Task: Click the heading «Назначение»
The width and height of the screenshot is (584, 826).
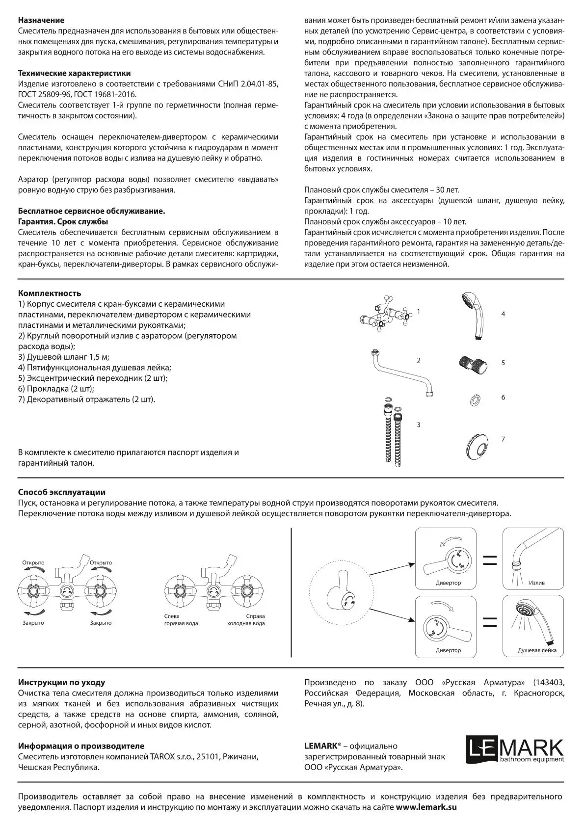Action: (41, 21)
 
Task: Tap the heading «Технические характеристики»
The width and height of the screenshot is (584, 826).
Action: (75, 74)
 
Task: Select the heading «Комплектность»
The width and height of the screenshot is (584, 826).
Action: (50, 293)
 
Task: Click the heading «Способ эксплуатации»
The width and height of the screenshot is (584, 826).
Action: (62, 492)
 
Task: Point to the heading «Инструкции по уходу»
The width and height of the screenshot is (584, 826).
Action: (61, 682)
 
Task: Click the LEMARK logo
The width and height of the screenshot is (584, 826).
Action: (515, 750)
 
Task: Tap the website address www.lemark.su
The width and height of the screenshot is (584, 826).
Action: (426, 807)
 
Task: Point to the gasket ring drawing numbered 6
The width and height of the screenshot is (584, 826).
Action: (475, 398)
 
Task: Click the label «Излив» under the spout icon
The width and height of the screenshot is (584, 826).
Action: (536, 583)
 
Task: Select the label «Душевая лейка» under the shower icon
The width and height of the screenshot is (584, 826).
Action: (537, 650)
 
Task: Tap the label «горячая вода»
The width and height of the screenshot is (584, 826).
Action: (181, 623)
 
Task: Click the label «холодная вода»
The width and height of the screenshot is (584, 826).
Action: (246, 623)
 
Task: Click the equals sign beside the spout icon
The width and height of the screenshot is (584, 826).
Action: (489, 560)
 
